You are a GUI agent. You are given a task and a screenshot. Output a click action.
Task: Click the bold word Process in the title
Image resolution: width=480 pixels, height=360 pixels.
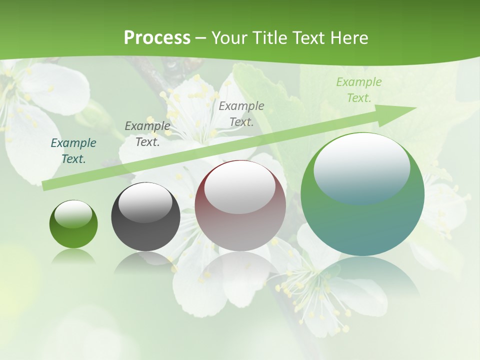click(x=157, y=37)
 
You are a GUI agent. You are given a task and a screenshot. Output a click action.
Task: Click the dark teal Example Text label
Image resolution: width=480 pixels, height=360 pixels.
click(x=73, y=151)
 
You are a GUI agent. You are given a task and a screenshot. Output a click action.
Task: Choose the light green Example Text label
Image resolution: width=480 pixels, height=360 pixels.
click(x=359, y=90)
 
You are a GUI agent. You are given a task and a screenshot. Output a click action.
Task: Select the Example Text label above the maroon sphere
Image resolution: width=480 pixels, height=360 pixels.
click(x=241, y=113)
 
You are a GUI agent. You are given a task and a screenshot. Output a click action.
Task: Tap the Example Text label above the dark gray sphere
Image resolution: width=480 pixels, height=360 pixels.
click(x=147, y=133)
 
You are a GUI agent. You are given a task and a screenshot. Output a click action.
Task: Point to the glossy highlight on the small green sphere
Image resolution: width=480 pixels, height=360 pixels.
click(x=73, y=214)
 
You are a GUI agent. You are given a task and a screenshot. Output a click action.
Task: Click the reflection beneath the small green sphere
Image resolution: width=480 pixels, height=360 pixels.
click(x=73, y=256)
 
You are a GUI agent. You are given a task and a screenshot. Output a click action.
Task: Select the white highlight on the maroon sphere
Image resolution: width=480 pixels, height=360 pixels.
click(x=240, y=186)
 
